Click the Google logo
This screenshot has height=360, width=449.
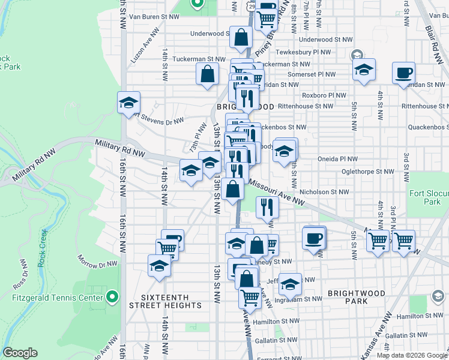(20, 352)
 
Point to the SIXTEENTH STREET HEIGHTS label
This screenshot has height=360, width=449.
(166, 301)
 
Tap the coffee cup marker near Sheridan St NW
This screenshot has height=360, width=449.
(403, 73)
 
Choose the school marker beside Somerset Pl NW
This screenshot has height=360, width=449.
(364, 70)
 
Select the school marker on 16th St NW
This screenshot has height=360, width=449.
(128, 103)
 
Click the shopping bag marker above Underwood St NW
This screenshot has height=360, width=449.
(241, 37)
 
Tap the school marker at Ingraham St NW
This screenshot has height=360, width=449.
(290, 284)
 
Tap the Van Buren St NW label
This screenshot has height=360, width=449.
(151, 17)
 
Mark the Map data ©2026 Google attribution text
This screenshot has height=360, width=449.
(411, 355)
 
